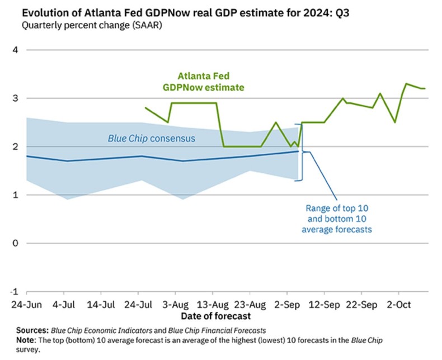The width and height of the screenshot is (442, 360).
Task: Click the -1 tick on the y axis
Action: [x=13, y=291]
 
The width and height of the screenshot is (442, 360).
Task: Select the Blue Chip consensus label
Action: [x=152, y=138]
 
